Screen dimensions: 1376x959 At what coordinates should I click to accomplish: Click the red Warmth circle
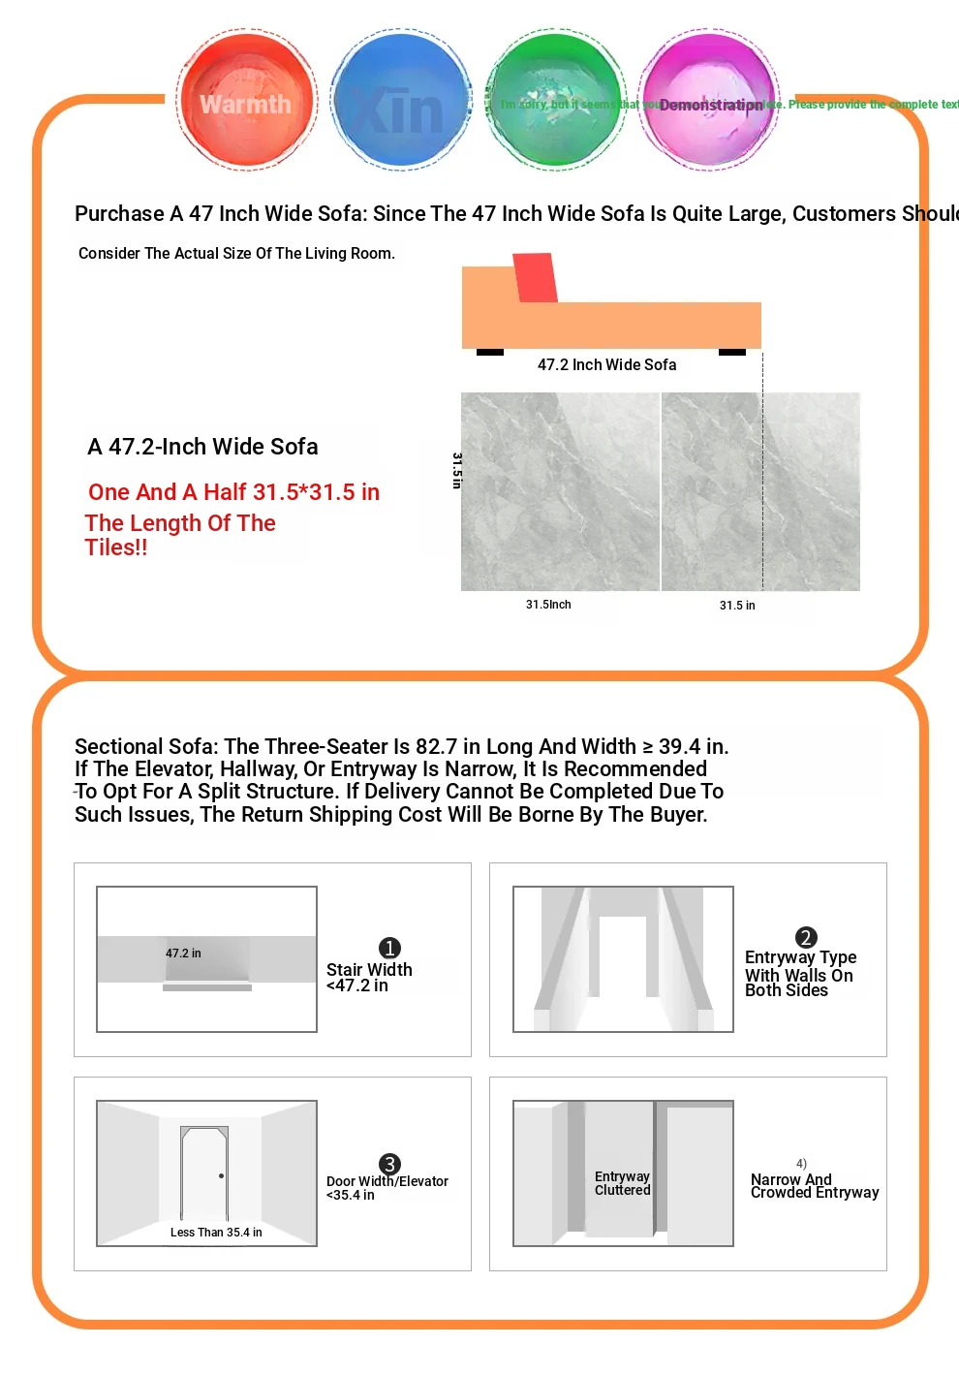click(x=246, y=101)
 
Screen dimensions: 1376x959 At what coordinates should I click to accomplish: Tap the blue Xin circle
click(x=400, y=101)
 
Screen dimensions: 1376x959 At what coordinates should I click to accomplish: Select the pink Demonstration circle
click(x=709, y=101)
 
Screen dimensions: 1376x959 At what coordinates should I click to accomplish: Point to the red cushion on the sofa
click(x=535, y=277)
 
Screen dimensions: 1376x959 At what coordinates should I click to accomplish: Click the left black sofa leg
click(x=490, y=352)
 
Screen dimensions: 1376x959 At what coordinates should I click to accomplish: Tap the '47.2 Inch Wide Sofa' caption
click(x=606, y=365)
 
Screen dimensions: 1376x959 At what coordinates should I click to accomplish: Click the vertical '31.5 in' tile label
click(x=457, y=470)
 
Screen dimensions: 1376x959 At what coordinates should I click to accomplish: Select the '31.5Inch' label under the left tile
click(x=548, y=605)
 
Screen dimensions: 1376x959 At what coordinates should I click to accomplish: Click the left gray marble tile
click(x=560, y=491)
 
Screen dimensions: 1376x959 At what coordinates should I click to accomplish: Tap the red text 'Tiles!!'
click(x=116, y=547)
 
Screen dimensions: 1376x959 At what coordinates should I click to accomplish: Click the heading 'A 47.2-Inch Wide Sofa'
click(x=202, y=447)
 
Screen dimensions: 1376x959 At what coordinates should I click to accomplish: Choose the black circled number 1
click(x=389, y=948)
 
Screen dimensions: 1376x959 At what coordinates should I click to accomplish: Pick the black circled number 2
click(x=806, y=937)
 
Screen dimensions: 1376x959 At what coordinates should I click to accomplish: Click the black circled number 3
click(x=389, y=1164)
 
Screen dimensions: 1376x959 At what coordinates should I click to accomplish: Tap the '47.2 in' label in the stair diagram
click(x=183, y=954)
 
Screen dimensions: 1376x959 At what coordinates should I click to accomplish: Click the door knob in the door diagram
click(x=222, y=1175)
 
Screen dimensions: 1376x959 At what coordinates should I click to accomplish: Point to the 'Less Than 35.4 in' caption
click(x=216, y=1233)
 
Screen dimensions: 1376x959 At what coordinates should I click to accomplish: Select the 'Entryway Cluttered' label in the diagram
click(x=622, y=1183)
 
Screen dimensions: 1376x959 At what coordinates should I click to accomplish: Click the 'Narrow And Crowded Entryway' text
click(x=814, y=1186)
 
